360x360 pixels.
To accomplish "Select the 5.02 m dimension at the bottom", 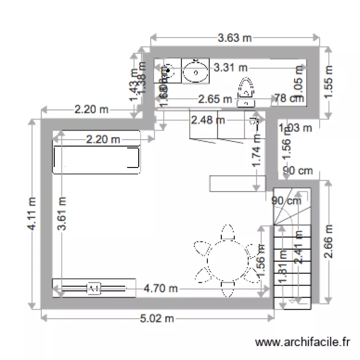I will [x=156, y=318].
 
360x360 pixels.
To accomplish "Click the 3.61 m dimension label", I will [x=61, y=214].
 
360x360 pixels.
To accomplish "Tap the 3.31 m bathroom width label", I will [x=230, y=68].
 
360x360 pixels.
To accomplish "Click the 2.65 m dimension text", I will [x=215, y=99].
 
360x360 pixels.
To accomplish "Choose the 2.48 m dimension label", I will [x=207, y=120].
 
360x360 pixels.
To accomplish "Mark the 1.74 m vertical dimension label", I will [x=257, y=150].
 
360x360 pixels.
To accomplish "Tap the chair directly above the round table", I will [x=227, y=233].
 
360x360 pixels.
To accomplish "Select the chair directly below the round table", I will [x=227, y=288].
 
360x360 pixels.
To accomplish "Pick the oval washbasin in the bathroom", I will [x=195, y=72].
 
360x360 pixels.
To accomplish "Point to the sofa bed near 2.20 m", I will [x=96, y=160].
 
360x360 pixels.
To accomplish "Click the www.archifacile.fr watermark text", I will [x=303, y=342].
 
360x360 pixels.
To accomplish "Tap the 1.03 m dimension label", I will [x=296, y=128].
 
